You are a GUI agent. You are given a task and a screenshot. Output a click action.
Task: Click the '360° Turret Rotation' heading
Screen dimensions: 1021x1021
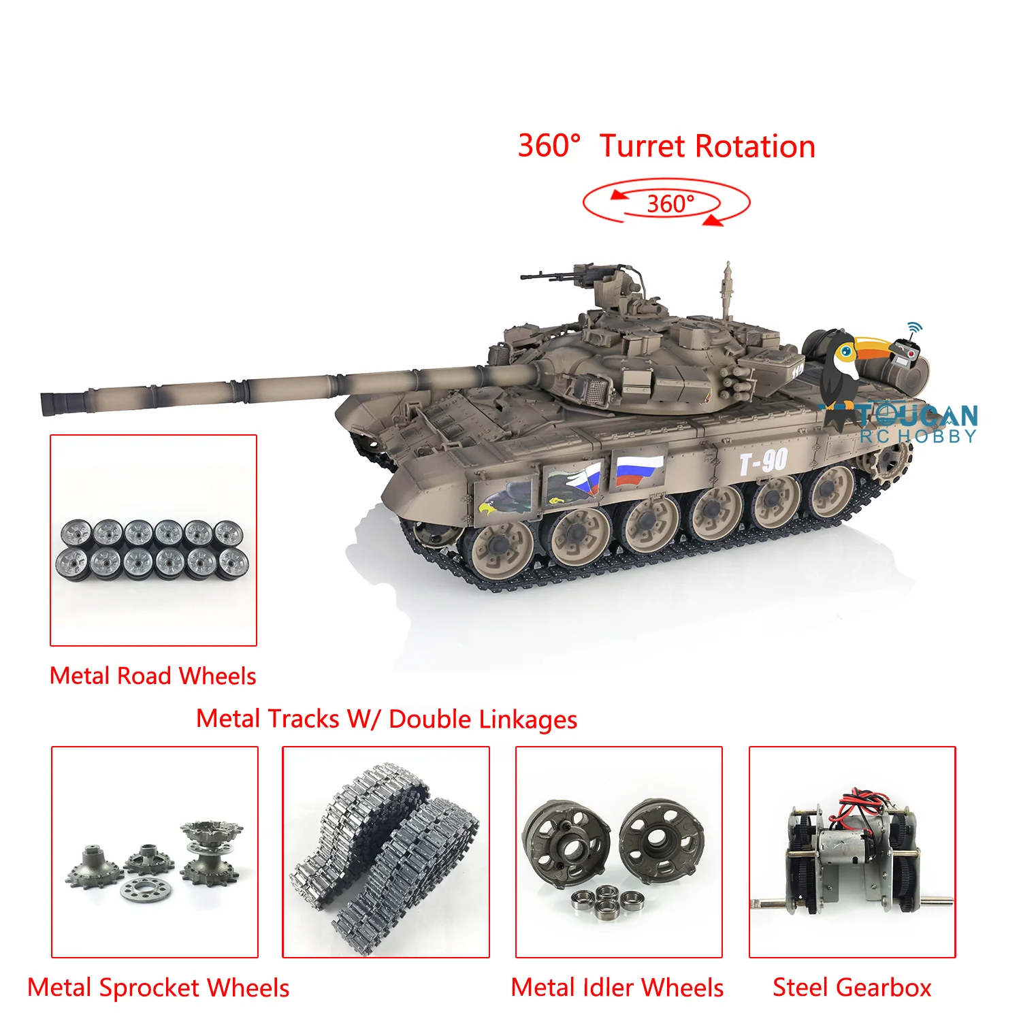click(666, 146)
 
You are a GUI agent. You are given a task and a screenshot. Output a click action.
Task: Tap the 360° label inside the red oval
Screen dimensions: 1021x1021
click(670, 204)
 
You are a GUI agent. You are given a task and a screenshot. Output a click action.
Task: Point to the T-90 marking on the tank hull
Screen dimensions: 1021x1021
click(764, 462)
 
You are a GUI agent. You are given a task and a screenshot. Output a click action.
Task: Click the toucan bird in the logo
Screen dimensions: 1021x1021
click(851, 371)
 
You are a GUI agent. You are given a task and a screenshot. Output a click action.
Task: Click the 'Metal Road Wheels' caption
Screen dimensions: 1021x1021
click(153, 675)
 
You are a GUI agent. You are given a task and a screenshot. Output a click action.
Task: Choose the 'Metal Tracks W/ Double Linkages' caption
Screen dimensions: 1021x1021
click(387, 719)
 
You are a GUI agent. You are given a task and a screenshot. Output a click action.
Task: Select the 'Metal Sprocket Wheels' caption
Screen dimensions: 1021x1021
click(159, 988)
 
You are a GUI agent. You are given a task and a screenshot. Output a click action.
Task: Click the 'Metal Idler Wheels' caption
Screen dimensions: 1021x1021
click(617, 988)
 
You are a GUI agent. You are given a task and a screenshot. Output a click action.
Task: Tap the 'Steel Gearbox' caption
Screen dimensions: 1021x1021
click(852, 988)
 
